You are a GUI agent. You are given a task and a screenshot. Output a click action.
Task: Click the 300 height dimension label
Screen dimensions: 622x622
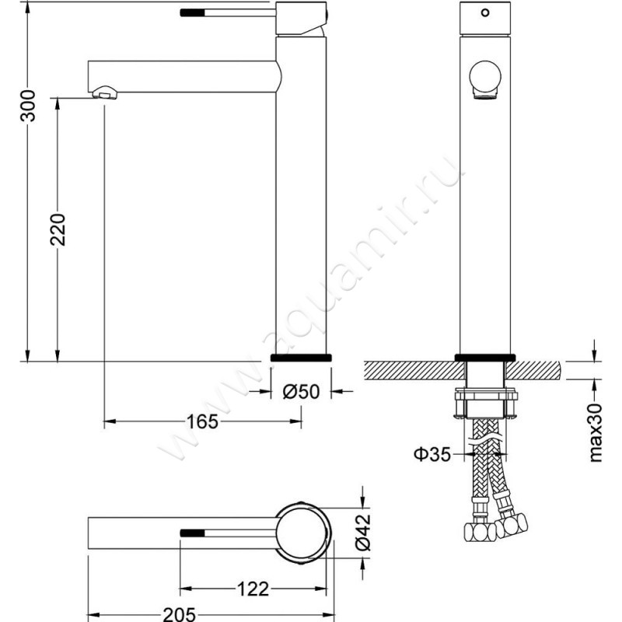pos(29,104)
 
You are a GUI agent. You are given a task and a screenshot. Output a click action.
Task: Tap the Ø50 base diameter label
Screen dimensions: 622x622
pos(301,392)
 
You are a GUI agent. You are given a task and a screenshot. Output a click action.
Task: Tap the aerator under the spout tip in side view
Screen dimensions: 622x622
pos(105,93)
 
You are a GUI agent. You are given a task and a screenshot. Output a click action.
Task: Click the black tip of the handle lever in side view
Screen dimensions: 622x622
pos(191,13)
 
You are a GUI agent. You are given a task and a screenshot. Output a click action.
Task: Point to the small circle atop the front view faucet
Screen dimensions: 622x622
pos(486,13)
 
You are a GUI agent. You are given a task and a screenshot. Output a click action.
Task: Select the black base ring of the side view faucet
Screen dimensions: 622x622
pos(302,357)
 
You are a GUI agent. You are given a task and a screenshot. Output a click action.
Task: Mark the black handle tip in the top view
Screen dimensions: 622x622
pos(191,533)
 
